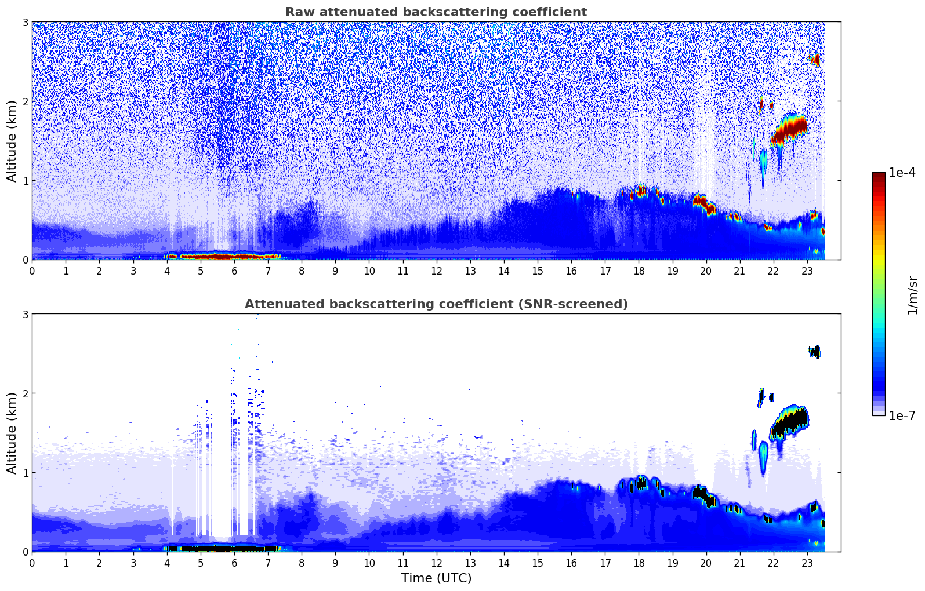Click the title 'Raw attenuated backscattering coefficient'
pos(436,12)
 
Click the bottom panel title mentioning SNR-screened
pos(436,304)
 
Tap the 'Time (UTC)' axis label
pos(436,578)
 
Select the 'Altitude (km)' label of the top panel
pos(12,141)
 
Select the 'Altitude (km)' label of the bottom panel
pos(12,433)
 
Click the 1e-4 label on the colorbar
pos(902,173)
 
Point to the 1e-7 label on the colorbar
pos(902,415)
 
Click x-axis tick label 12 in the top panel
pos(436,271)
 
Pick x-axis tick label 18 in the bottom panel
pos(639,563)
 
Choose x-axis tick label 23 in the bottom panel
pos(807,563)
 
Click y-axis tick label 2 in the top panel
pos(25,101)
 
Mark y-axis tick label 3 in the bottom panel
pos(25,314)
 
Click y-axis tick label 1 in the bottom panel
pos(25,473)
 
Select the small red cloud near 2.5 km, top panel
pos(816,60)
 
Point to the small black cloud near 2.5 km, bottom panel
pos(816,352)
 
